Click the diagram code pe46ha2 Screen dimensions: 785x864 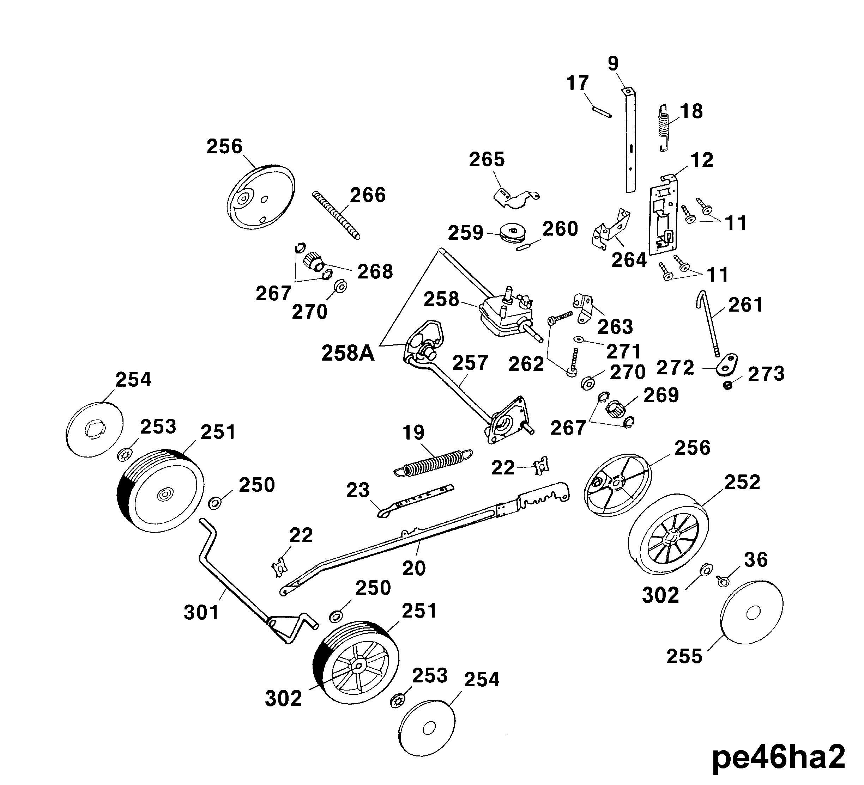click(778, 758)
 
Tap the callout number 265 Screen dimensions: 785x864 click(487, 160)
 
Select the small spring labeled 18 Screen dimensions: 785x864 click(664, 127)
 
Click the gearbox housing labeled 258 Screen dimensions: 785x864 click(501, 315)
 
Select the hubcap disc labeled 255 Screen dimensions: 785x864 click(752, 613)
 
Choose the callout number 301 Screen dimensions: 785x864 click(201, 612)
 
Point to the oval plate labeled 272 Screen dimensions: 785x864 click(726, 363)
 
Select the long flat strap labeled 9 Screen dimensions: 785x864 click(630, 141)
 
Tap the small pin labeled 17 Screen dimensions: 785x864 click(602, 111)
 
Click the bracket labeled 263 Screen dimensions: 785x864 click(584, 307)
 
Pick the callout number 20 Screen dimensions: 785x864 click(414, 568)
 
